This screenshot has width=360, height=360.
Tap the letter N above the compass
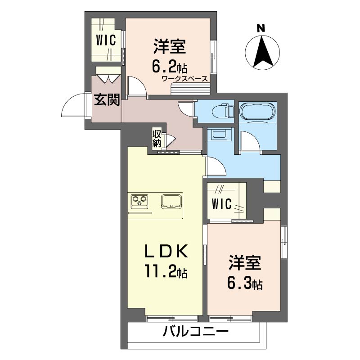click(260, 28)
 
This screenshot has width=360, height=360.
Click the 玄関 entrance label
click(107, 100)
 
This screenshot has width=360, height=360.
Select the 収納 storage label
click(157, 139)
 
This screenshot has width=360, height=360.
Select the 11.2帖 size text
click(165, 272)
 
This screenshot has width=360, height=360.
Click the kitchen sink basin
click(171, 201)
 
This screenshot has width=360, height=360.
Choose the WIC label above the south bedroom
click(222, 204)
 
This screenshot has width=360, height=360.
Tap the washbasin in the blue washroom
click(220, 134)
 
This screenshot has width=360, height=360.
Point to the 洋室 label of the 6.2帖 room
click(169, 46)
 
